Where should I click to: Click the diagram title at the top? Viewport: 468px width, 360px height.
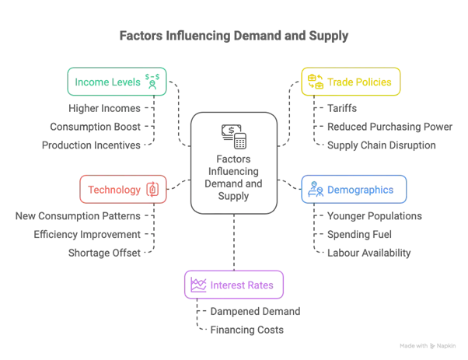pos(233,36)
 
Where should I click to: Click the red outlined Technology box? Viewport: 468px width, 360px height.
pos(123,190)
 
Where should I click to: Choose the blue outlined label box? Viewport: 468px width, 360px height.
pos(354,190)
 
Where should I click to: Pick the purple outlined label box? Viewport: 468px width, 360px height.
pos(233,285)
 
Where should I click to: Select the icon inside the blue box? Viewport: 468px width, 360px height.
pos(316,190)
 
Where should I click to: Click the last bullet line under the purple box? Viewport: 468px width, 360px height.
pos(242,330)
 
